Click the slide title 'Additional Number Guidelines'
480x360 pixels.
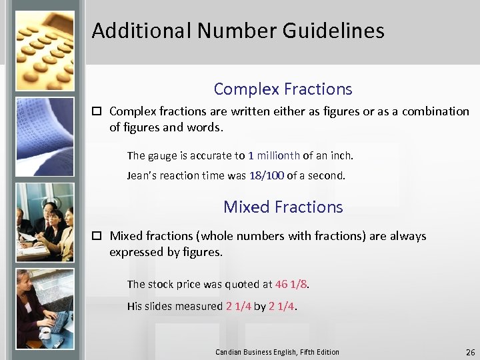pyautogui.click(x=238, y=31)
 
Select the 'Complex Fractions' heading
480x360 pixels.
pyautogui.click(x=283, y=89)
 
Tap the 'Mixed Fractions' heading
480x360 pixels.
pyautogui.click(x=283, y=207)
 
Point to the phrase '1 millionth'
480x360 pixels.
pyautogui.click(x=274, y=155)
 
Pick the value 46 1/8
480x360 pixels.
pyautogui.click(x=291, y=284)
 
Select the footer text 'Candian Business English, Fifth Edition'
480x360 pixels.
pyautogui.click(x=277, y=352)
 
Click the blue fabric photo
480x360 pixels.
pyautogui.click(x=45, y=136)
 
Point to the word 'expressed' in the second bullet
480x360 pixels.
pyautogui.click(x=135, y=252)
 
